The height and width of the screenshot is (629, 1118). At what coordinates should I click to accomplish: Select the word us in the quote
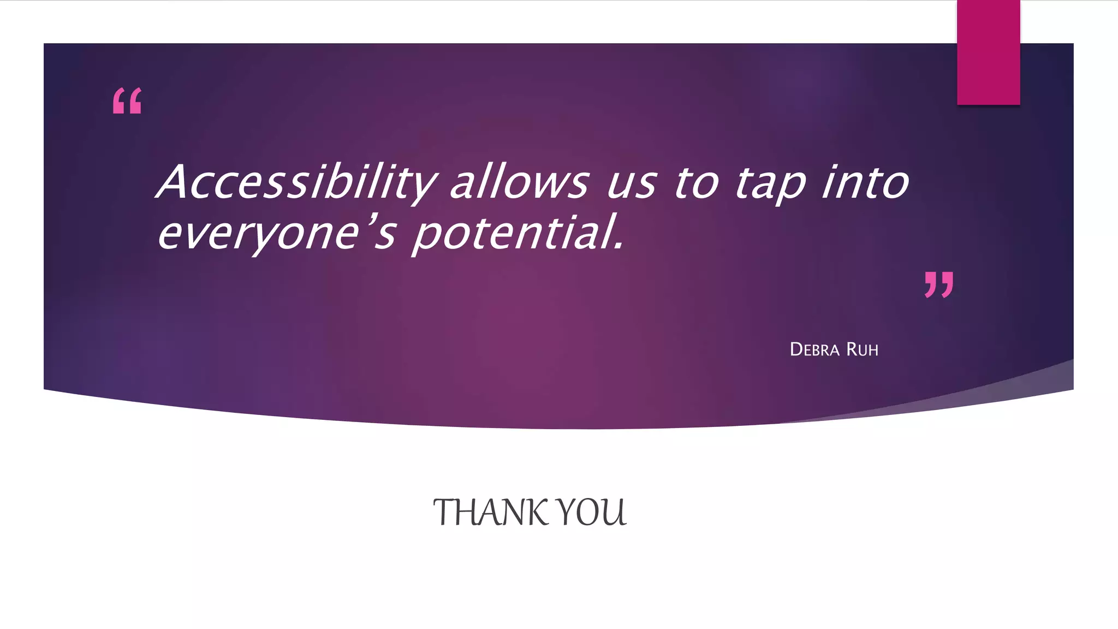(x=631, y=185)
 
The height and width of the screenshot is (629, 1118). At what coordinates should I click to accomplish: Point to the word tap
(x=770, y=185)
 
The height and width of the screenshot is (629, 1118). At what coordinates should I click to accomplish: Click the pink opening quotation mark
(x=127, y=101)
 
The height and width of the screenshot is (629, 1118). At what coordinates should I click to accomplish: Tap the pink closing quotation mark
(x=939, y=284)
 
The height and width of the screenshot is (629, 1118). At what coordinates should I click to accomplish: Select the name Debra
(x=814, y=349)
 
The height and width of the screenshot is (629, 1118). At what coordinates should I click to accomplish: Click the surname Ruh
(x=863, y=349)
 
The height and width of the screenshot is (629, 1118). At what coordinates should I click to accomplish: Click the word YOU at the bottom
(x=593, y=513)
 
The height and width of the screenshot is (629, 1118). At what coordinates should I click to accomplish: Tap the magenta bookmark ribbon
(x=988, y=52)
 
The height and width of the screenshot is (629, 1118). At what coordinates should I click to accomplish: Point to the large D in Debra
(x=796, y=349)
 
